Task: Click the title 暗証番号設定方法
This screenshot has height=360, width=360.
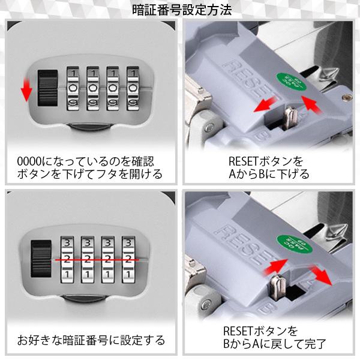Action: [x=182, y=10]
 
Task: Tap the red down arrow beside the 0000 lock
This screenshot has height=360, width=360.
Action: [x=26, y=89]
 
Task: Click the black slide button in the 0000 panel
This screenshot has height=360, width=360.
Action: [x=47, y=88]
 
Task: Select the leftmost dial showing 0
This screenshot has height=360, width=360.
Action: [x=73, y=88]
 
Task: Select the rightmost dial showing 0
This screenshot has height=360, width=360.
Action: [x=133, y=88]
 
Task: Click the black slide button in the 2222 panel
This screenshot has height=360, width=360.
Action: [x=41, y=259]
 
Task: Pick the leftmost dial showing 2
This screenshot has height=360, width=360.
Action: [x=67, y=259]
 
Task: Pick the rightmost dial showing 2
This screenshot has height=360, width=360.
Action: [x=128, y=259]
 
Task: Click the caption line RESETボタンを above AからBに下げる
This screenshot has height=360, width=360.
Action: [x=266, y=161]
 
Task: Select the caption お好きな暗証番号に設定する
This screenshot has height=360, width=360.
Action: [x=91, y=340]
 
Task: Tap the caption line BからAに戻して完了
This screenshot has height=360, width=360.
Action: [x=275, y=344]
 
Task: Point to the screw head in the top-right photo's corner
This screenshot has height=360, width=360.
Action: [x=344, y=98]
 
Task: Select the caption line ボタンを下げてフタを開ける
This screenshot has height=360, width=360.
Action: [x=90, y=174]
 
